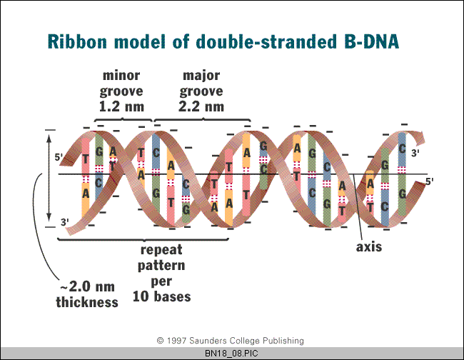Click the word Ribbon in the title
click(x=77, y=41)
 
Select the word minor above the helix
click(x=121, y=76)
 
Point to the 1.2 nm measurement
click(x=121, y=106)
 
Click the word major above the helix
click(x=201, y=76)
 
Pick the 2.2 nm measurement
click(x=201, y=106)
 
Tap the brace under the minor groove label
click(x=123, y=120)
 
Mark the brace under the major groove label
click(x=203, y=120)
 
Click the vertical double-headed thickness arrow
click(x=49, y=178)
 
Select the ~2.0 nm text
click(x=87, y=286)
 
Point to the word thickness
click(x=87, y=302)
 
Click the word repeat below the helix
click(x=161, y=250)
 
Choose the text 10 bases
click(x=161, y=296)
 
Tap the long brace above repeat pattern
click(x=143, y=239)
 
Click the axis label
click(x=369, y=247)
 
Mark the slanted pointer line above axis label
click(x=358, y=206)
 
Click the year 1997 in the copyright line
click(x=176, y=341)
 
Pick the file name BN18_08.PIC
click(x=231, y=354)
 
